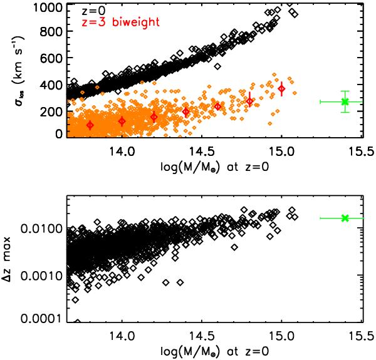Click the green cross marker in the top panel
344,101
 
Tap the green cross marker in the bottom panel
344,218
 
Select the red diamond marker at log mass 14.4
185,111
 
